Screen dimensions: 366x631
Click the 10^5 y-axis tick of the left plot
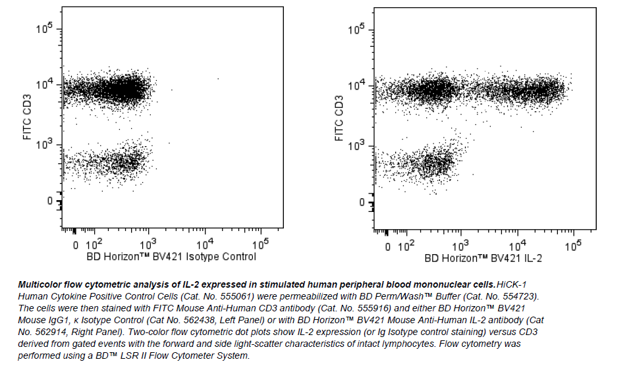(x=45, y=30)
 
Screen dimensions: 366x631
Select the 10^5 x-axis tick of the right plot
(x=573, y=244)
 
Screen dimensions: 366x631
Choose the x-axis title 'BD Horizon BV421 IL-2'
(x=483, y=258)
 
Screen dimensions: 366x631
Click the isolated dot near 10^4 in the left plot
(x=218, y=79)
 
